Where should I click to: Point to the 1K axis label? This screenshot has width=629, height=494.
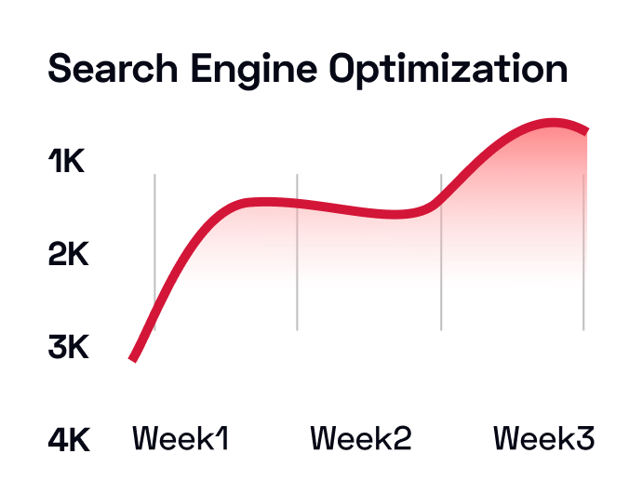[66, 163]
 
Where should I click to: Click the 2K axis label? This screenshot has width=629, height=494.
[68, 254]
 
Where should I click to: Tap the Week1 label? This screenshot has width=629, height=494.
[181, 438]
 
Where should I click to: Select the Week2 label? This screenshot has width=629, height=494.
[360, 438]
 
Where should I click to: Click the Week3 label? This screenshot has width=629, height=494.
[543, 438]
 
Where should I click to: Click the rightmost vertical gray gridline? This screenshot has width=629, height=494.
[583, 251]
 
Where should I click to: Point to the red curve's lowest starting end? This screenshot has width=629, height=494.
[133, 358]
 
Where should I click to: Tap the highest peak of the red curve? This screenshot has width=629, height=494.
[553, 123]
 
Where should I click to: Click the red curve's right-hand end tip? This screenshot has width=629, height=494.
[585, 131]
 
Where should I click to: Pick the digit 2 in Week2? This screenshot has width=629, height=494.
[401, 438]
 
